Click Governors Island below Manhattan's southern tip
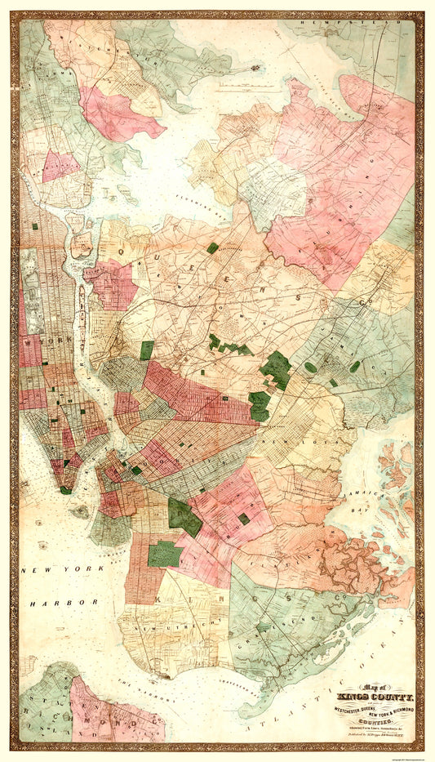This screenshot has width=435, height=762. [x=81, y=511]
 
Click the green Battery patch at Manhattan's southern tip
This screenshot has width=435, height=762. [x=64, y=490]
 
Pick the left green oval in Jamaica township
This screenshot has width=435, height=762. [x=310, y=368]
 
